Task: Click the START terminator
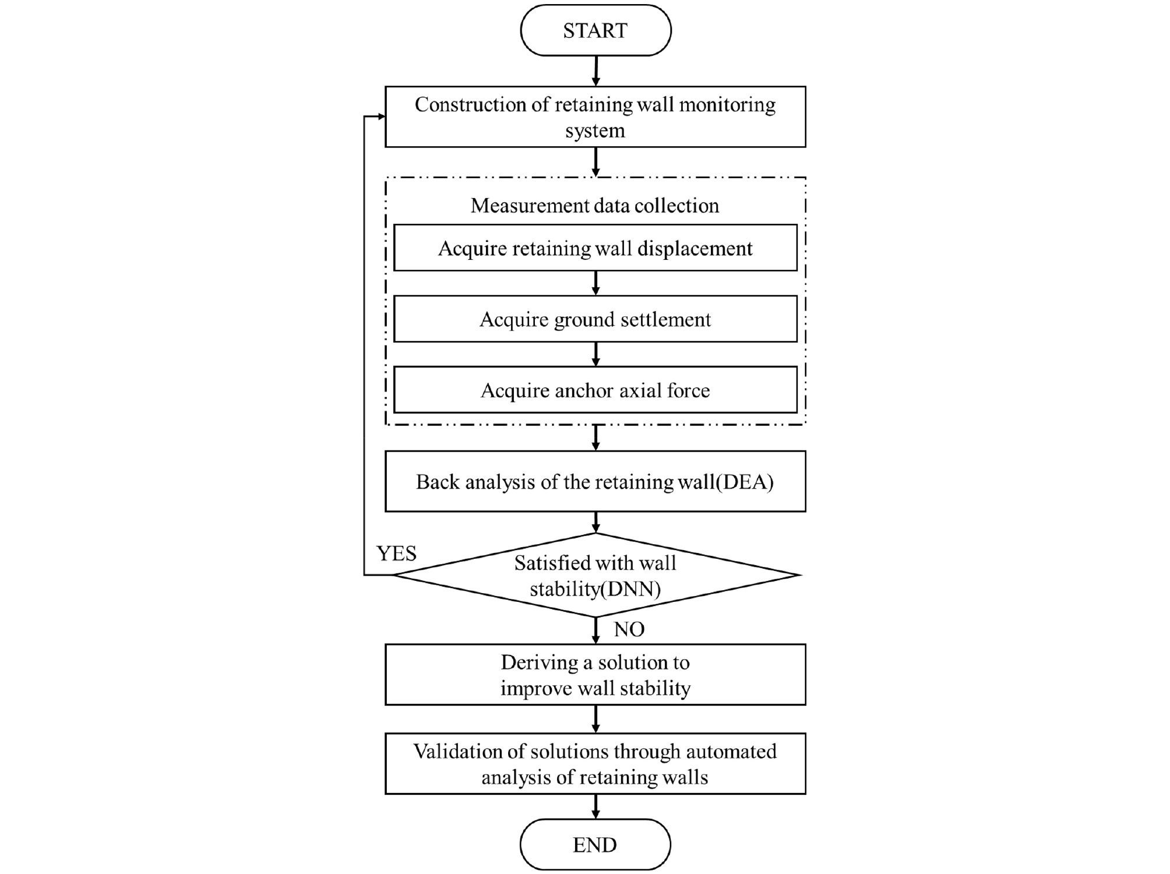point(595,30)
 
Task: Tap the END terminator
point(595,844)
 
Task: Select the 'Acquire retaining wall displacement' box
point(595,248)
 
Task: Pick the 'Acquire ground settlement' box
point(595,319)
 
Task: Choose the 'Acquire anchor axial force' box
point(595,390)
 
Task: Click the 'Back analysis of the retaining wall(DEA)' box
point(595,481)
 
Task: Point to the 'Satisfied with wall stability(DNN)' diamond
point(595,575)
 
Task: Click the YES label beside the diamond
point(396,553)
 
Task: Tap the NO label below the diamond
point(629,629)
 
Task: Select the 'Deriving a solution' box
point(595,675)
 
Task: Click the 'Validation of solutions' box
point(595,764)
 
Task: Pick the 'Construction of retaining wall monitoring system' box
point(595,117)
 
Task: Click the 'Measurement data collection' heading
point(595,206)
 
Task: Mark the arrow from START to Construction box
point(595,71)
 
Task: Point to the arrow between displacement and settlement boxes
point(595,283)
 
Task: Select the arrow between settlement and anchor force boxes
point(595,354)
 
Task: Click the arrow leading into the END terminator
point(595,807)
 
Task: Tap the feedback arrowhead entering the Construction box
point(380,117)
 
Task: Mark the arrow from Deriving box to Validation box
point(595,719)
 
